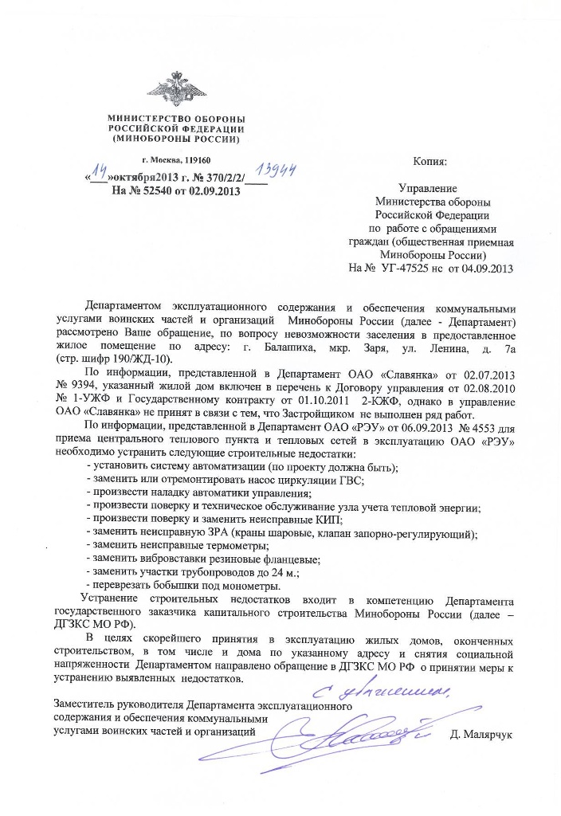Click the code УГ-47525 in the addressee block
click(x=410, y=268)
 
